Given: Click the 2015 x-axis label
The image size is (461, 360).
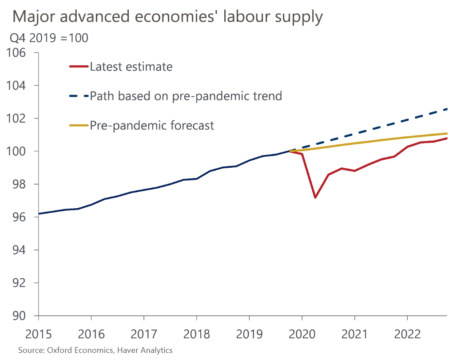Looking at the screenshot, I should coord(38,334).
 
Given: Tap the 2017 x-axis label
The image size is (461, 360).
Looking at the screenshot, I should coord(143,334).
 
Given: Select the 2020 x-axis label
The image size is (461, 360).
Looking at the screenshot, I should coord(302,334).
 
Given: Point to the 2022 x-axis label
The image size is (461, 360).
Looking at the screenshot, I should coord(407,334).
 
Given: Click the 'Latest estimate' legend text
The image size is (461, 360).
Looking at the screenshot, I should coord(131,67).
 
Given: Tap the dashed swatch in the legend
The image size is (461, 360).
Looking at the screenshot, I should coord(79,96).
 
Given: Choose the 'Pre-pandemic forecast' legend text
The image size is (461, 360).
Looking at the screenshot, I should coord(152,126).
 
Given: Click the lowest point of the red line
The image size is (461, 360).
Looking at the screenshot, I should coord(315,198).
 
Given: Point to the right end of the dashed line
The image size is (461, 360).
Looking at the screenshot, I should coord(447,109).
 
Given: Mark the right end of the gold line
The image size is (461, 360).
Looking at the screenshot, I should coord(447,133).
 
